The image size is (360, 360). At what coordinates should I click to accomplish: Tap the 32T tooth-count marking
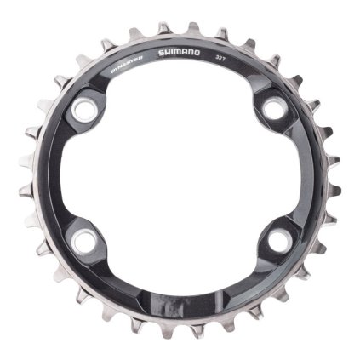[x=221, y=57]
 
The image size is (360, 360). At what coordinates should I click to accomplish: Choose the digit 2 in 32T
[x=221, y=57]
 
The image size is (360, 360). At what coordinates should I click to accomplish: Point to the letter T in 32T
[x=226, y=58]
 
